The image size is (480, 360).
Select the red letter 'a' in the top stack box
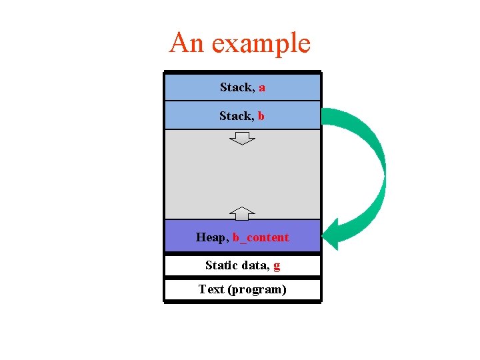tap(262, 87)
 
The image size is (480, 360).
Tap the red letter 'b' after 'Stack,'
tap(261, 116)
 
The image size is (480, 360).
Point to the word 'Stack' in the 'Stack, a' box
tap(236, 87)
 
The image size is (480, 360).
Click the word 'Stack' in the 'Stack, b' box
tap(236, 116)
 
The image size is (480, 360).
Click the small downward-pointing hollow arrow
tap(242, 138)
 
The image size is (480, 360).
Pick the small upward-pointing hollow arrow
tap(242, 213)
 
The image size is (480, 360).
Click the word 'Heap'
tap(211, 237)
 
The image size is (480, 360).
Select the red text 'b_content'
tap(261, 237)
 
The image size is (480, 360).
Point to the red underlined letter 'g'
tap(277, 266)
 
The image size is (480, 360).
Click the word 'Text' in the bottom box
tap(211, 289)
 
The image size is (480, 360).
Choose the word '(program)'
tap(257, 290)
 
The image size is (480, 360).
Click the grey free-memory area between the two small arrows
tap(242, 175)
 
